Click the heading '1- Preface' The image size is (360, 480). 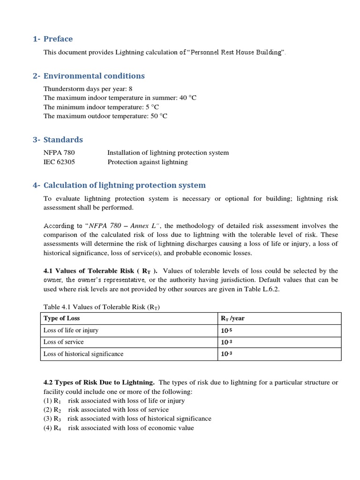[x=52, y=39]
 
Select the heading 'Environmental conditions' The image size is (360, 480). [x=94, y=76]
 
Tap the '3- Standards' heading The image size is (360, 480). [x=58, y=140]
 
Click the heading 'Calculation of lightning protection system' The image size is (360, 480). [x=124, y=185]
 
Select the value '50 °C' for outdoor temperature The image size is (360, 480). [x=158, y=116]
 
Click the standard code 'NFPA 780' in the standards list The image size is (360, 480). [x=59, y=152]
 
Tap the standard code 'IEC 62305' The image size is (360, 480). [x=59, y=162]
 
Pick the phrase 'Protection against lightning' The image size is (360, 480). [x=147, y=162]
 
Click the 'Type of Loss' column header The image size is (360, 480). [x=61, y=318]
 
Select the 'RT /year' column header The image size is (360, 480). [x=232, y=318]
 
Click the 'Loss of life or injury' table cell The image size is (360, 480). [x=71, y=330]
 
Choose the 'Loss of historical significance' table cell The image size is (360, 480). [x=83, y=354]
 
